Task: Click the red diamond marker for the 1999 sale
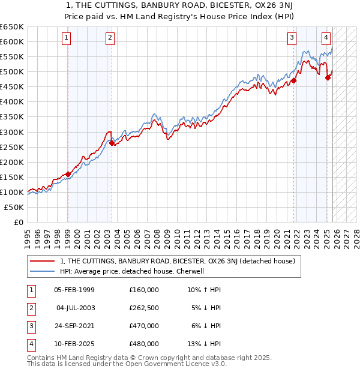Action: (68, 174)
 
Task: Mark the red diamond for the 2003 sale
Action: (112, 143)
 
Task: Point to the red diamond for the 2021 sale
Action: (294, 80)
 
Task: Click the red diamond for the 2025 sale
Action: (328, 77)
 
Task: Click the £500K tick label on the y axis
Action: (12, 71)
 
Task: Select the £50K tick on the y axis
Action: (14, 207)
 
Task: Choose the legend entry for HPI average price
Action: (133, 271)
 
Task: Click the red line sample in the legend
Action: (43, 262)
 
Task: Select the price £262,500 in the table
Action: (144, 308)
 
